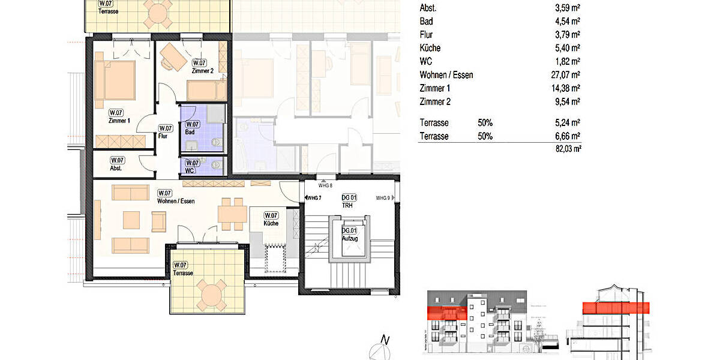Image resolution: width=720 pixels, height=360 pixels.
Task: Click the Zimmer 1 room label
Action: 119,121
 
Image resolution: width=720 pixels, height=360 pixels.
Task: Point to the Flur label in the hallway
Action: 163,136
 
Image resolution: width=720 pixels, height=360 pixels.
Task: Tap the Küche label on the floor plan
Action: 271,223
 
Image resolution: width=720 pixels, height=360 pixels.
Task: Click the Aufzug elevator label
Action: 349,239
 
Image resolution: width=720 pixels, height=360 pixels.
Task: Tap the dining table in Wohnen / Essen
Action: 232,212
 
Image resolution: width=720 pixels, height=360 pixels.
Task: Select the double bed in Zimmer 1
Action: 118,80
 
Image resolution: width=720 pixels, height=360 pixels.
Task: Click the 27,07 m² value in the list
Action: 567,75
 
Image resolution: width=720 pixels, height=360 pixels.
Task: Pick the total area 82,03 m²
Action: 568,149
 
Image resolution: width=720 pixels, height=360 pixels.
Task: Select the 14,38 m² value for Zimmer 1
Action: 567,88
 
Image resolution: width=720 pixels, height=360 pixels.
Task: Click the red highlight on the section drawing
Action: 616,308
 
